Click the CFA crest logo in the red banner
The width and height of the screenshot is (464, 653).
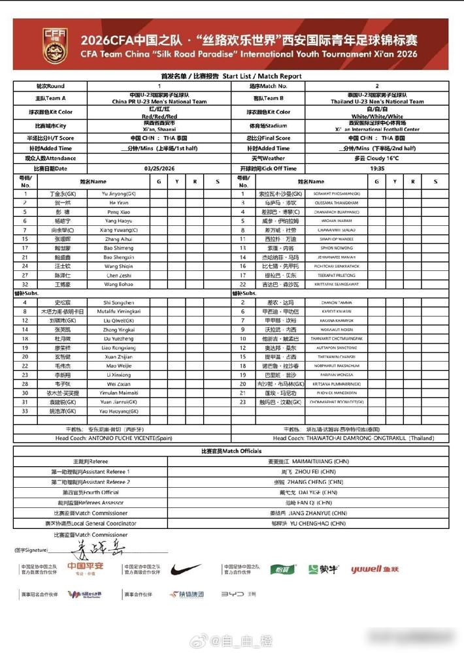coord(54,44)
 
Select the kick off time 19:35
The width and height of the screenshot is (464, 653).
coord(377,168)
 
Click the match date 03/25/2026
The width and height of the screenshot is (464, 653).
coord(159,168)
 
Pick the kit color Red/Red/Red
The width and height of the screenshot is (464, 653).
coord(159,116)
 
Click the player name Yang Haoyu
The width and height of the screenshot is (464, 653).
coord(118,221)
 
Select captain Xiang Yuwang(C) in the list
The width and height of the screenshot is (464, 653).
coord(118,230)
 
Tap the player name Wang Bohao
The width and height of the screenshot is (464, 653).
coord(118,284)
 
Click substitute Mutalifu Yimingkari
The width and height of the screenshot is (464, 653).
coord(118,311)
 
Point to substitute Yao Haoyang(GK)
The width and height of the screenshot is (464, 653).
coord(118,411)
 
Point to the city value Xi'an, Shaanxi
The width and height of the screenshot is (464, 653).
coord(159,129)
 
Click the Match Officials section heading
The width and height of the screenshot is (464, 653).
coord(231,451)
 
